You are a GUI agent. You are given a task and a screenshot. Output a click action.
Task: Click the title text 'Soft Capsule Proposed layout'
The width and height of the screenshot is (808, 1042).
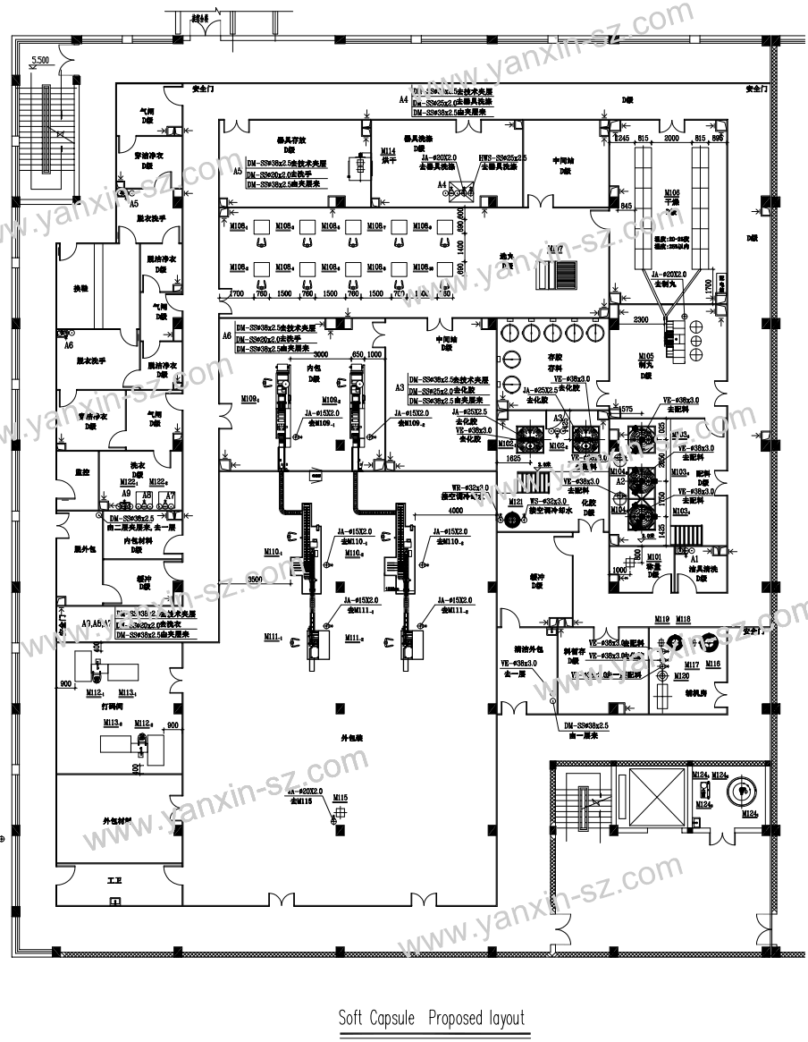coord(431,1018)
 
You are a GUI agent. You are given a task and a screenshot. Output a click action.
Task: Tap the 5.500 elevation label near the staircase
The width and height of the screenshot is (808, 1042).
coord(39,61)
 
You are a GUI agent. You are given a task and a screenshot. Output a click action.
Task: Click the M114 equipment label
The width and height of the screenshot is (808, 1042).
coord(388,151)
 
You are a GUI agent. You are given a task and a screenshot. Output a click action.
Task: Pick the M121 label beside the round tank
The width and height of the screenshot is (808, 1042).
coord(515,503)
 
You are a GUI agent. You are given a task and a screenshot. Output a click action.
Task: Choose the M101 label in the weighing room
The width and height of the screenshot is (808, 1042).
coord(653,556)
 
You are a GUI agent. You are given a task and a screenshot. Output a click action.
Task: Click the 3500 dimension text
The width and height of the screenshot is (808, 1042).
coord(255,580)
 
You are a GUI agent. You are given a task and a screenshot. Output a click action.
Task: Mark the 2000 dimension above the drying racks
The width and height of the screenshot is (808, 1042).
coord(672,138)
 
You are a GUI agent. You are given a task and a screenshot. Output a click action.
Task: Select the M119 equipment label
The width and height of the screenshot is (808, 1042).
coord(662,619)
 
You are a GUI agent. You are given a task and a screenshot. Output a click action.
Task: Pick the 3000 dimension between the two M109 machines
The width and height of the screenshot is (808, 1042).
coord(322,354)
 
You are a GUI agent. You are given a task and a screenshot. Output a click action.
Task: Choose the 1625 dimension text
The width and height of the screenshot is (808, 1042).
coord(513,456)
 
